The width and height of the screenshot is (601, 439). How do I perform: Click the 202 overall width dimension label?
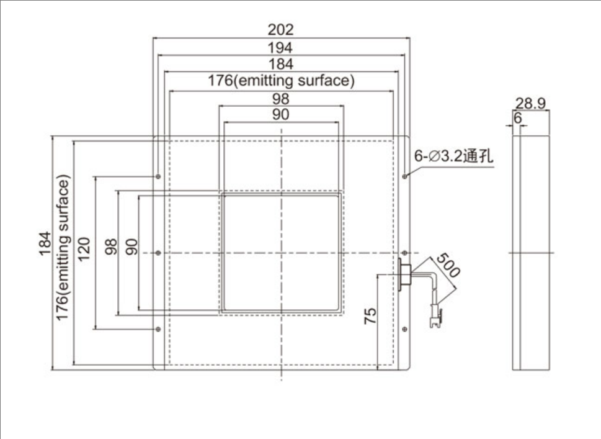click(280, 29)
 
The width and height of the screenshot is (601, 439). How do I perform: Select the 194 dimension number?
click(280, 47)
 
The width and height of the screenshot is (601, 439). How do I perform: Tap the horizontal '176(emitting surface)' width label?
click(280, 81)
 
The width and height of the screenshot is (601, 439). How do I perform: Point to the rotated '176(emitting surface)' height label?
click(63, 248)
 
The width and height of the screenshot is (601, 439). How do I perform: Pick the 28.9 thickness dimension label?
click(530, 104)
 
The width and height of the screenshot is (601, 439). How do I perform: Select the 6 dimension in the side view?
click(518, 117)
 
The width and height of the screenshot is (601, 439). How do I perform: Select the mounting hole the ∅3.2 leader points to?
click(404, 177)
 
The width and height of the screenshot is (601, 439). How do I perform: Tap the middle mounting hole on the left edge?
click(159, 253)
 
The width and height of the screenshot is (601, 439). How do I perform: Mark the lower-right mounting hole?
click(404, 329)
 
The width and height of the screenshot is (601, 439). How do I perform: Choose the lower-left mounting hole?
click(159, 329)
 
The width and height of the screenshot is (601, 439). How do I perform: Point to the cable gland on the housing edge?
click(404, 274)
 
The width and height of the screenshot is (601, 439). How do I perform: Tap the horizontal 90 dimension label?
click(280, 114)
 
